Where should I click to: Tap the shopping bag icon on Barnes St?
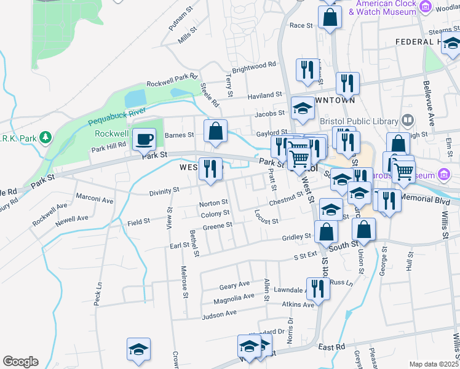pyautogui.click(x=215, y=131)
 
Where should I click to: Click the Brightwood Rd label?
pyautogui.click(x=255, y=65)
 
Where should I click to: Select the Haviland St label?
pyautogui.click(x=264, y=95)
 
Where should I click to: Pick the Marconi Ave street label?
pyautogui.click(x=95, y=200)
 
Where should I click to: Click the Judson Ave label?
pyautogui.click(x=220, y=313)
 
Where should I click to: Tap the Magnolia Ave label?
pyautogui.click(x=234, y=300)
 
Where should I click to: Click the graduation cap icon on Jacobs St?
pyautogui.click(x=303, y=109)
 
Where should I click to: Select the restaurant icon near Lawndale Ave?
pyautogui.click(x=318, y=287)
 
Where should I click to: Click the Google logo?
pyautogui.click(x=20, y=362)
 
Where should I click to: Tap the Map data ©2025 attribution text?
pyautogui.click(x=434, y=364)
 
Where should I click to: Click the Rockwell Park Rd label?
pyautogui.click(x=172, y=81)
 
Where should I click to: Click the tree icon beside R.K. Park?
pyautogui.click(x=45, y=136)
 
